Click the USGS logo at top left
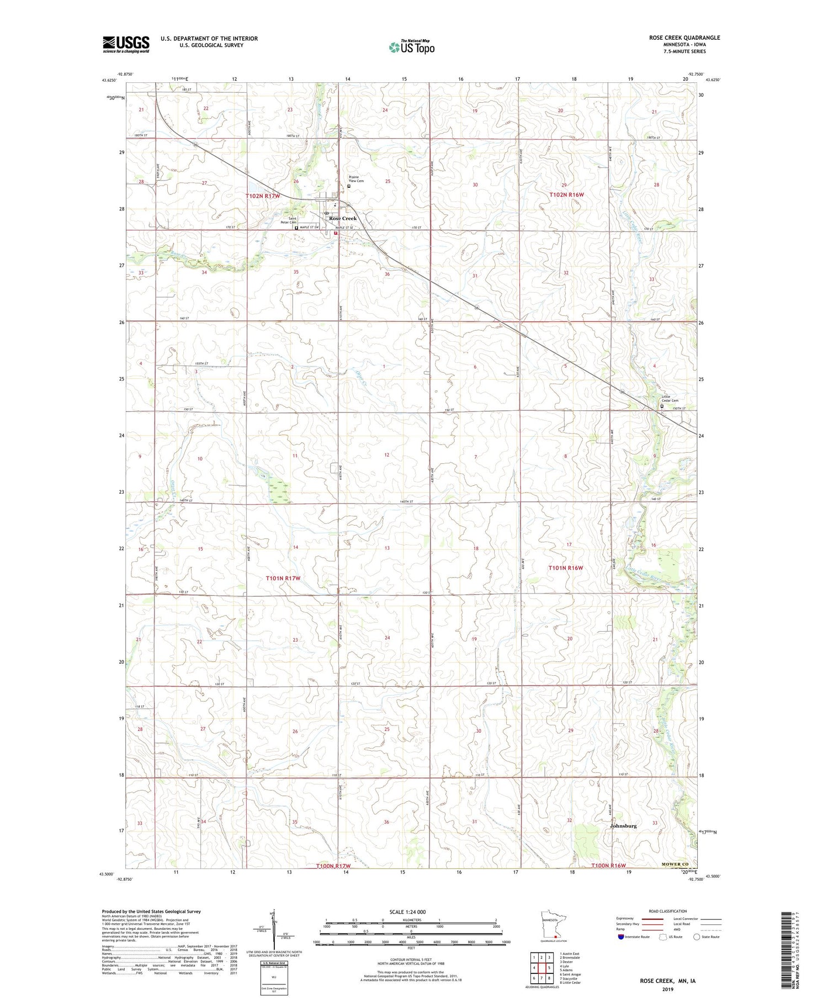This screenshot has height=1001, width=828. pyautogui.click(x=126, y=44)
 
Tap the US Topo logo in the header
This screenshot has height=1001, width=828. pyautogui.click(x=412, y=47)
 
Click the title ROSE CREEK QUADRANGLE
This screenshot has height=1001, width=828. pyautogui.click(x=684, y=38)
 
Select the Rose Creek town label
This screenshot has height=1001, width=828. pyautogui.click(x=343, y=218)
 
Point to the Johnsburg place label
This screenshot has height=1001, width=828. pyautogui.click(x=623, y=826)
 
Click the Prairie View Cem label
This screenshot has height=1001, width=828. pyautogui.click(x=356, y=179)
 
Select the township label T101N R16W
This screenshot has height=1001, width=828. pyautogui.click(x=565, y=568)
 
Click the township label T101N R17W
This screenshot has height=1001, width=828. pyautogui.click(x=282, y=578)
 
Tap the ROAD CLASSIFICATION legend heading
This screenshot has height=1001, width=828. pyautogui.click(x=668, y=912)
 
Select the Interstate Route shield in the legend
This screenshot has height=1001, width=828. pyautogui.click(x=621, y=937)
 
